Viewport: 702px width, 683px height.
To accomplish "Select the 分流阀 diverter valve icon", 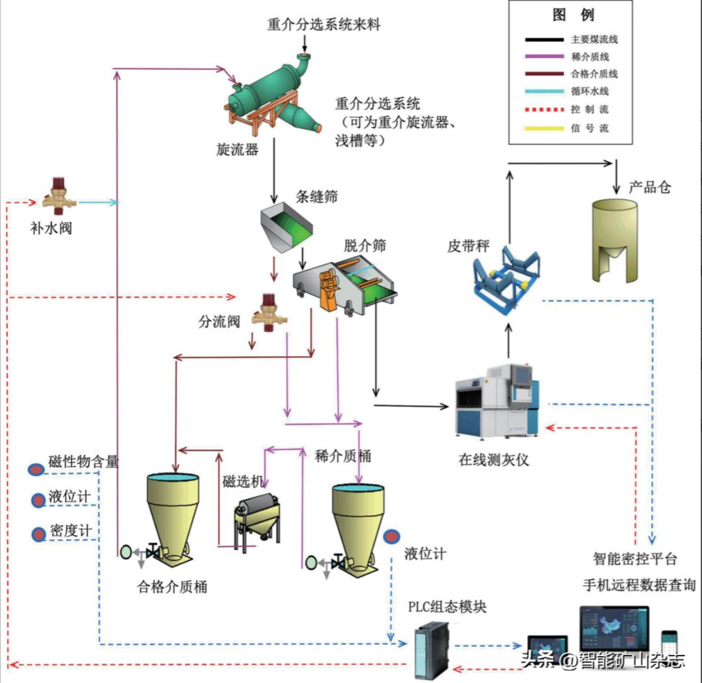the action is pyautogui.click(x=269, y=312).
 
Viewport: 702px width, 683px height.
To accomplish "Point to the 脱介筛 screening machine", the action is pyautogui.click(x=345, y=286).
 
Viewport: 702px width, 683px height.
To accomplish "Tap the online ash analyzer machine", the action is pyautogui.click(x=497, y=401).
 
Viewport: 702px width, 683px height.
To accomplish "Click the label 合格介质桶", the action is pyautogui.click(x=172, y=587).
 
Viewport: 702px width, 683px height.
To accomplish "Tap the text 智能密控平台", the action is pyautogui.click(x=635, y=559).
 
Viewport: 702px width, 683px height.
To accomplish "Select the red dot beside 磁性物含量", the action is pyautogui.click(x=36, y=469).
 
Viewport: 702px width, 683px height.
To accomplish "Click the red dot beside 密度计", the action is pyautogui.click(x=38, y=535).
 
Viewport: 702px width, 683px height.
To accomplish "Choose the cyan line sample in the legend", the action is pyautogui.click(x=544, y=91).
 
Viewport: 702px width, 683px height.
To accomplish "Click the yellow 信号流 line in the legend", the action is pyautogui.click(x=544, y=128).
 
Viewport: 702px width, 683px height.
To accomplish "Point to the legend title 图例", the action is pyautogui.click(x=573, y=15).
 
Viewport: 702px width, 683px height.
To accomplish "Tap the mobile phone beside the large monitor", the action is pyautogui.click(x=669, y=644).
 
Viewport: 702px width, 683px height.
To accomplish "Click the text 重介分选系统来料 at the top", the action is pyautogui.click(x=324, y=25).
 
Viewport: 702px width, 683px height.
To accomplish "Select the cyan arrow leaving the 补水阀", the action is pyautogui.click(x=99, y=203).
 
